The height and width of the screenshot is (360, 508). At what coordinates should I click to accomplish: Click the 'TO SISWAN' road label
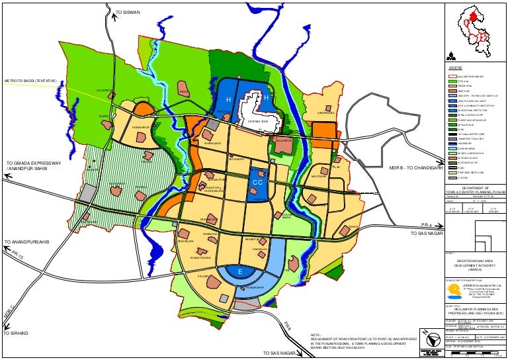128,13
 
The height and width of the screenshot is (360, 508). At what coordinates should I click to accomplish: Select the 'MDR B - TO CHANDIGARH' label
415,168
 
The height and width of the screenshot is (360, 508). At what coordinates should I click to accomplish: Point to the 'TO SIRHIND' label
18,333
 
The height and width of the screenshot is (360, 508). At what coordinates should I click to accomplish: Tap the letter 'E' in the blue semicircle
240,271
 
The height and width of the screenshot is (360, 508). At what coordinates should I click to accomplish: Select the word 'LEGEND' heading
456,68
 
